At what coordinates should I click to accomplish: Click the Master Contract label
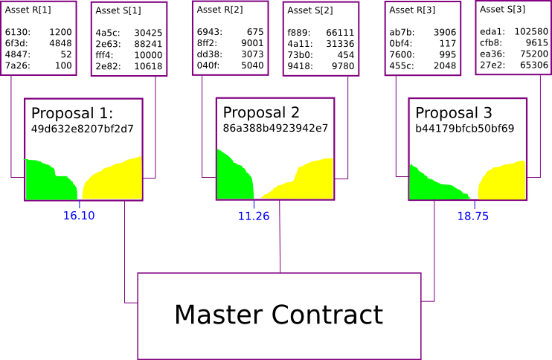pos(278,315)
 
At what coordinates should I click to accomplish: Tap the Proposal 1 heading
pos(71,114)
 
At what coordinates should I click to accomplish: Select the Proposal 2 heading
pos(261,112)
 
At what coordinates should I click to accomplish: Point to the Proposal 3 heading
pos(454,113)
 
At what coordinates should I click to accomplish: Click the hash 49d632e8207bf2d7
pos(82,129)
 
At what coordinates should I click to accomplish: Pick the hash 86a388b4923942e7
pos(275,128)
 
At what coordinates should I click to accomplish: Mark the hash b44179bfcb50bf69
pos(464,128)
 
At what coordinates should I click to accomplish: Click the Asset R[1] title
pos(28,10)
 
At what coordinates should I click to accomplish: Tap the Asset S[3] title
pos(502,9)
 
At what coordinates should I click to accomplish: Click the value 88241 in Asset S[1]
pos(148,44)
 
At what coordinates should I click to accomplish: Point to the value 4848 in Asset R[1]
pos(60,43)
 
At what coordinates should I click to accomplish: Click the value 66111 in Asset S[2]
pos(340,33)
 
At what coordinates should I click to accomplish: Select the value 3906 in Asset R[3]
pos(444,32)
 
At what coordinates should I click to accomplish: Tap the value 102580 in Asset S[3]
pos(531,31)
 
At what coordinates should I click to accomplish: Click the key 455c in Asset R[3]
pos(401,65)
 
